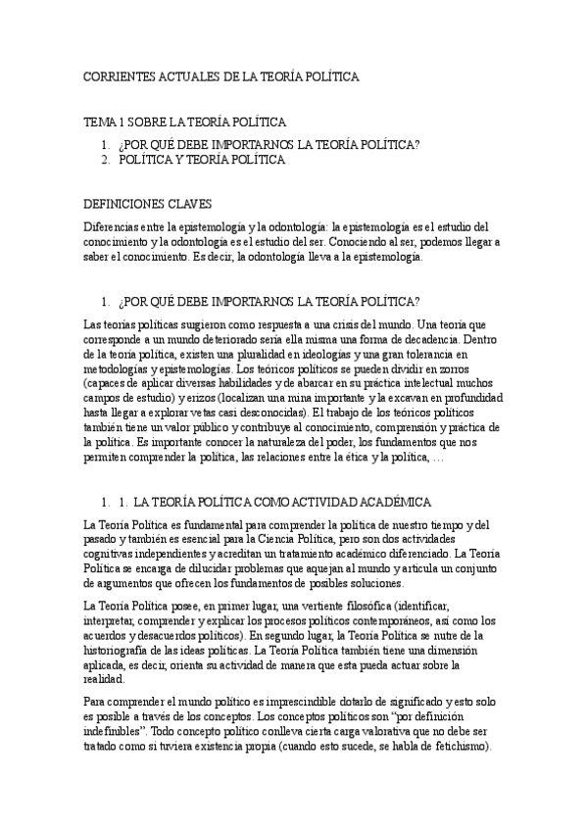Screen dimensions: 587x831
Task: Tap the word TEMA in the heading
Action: pyautogui.click(x=99, y=122)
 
